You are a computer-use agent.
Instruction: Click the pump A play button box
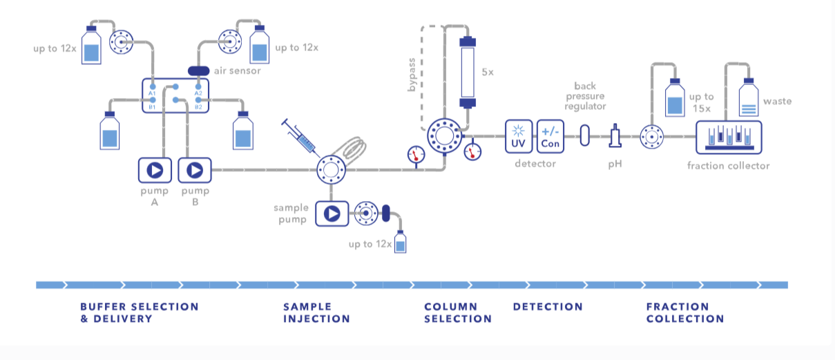click(155, 170)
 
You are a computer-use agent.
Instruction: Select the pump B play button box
click(195, 170)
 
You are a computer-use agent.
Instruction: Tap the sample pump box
click(332, 214)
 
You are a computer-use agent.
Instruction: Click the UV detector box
click(519, 137)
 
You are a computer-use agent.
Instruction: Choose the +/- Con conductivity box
click(550, 137)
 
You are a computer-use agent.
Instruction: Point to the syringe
click(300, 138)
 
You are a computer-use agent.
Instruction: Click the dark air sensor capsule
click(198, 70)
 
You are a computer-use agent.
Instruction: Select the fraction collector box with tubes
click(729, 138)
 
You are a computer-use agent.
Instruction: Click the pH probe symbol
click(615, 136)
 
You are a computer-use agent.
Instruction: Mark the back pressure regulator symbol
click(584, 135)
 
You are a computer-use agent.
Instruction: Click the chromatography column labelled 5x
click(468, 73)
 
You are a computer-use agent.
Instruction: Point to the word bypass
click(411, 75)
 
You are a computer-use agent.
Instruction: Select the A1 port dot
click(153, 87)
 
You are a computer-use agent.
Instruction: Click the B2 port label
click(198, 107)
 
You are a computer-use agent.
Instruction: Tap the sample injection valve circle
click(331, 170)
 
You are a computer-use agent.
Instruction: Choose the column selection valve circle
click(444, 136)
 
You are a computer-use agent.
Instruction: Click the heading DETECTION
click(548, 307)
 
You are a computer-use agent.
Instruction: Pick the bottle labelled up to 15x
click(675, 97)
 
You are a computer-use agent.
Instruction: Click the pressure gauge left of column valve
click(416, 155)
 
